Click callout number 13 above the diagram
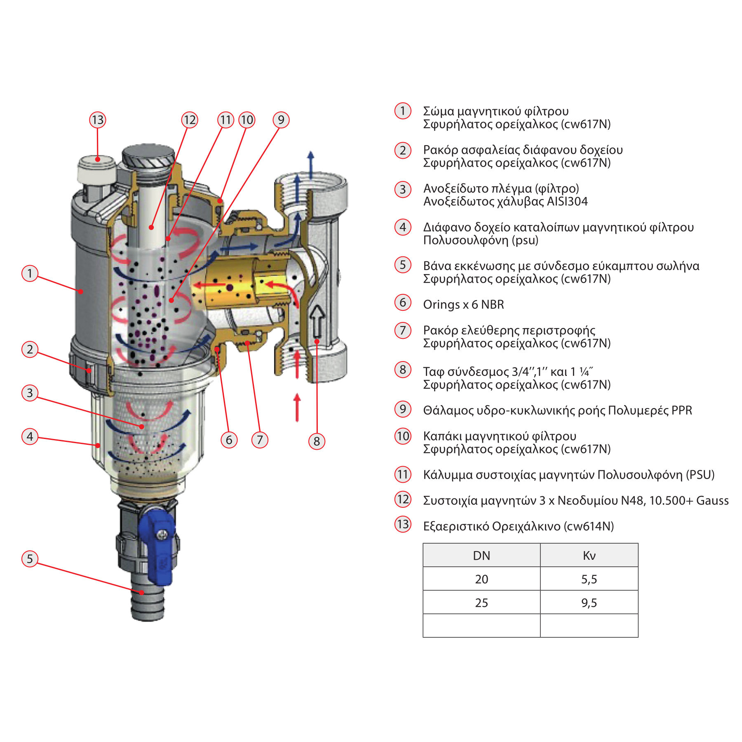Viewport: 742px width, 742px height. [98, 120]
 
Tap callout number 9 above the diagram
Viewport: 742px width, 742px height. [281, 120]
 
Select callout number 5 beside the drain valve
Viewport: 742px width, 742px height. [30, 559]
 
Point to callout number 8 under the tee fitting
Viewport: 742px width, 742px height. [317, 441]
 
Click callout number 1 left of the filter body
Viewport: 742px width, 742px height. [30, 273]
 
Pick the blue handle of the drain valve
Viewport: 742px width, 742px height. [157, 544]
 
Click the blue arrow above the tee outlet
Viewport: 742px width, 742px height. [311, 165]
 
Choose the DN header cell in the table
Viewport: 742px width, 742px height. [481, 556]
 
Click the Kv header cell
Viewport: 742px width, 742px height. [589, 556]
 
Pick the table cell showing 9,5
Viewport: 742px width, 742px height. [589, 603]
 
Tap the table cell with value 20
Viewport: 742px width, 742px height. [481, 579]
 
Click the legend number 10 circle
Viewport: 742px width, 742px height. [403, 436]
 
